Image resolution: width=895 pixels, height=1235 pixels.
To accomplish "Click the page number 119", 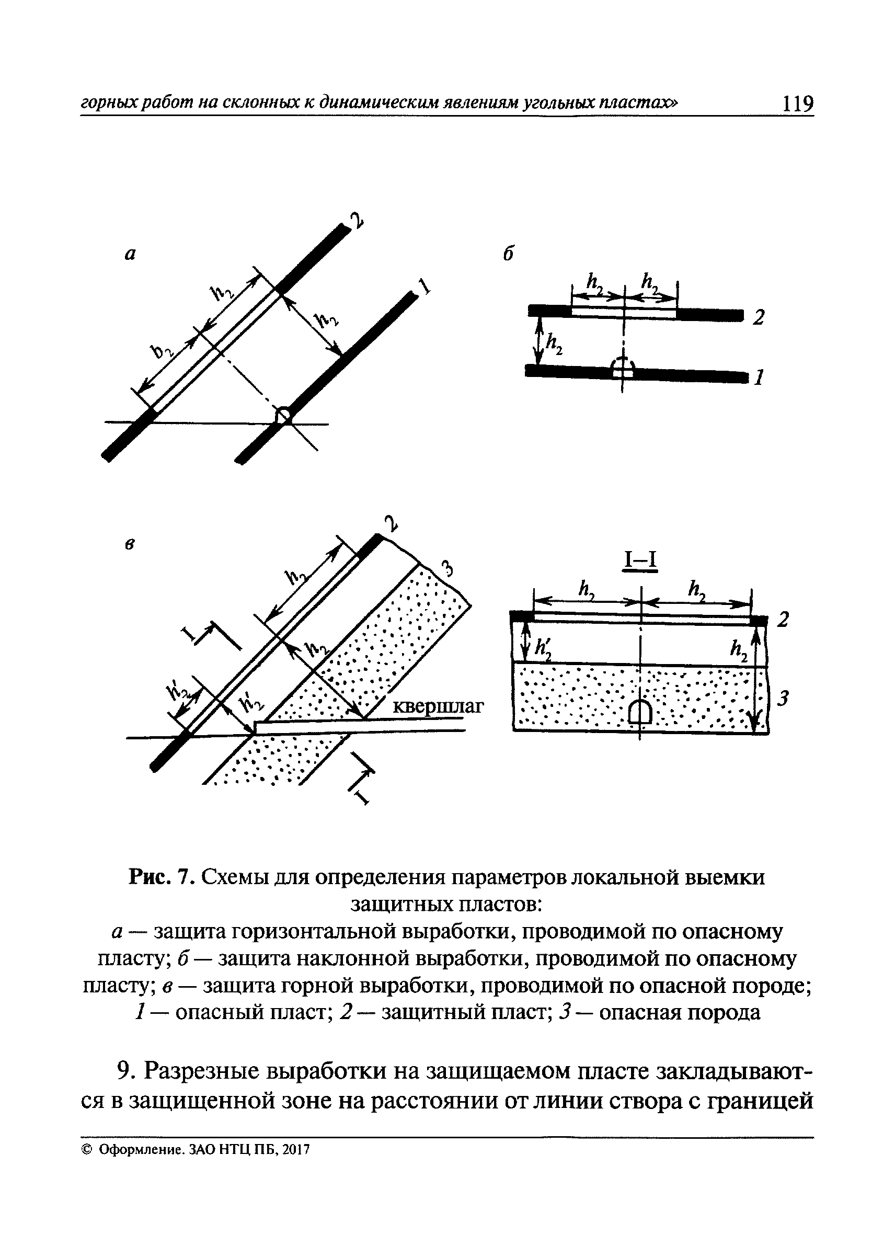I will [797, 103].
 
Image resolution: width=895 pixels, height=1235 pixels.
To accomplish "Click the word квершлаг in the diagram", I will [438, 707].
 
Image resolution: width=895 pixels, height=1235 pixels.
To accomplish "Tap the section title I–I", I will [641, 562].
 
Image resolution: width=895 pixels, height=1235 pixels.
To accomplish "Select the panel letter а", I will [130, 254].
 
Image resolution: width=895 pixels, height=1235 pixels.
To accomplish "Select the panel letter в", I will [130, 544].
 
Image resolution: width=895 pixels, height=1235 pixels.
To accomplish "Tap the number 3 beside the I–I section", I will [783, 699].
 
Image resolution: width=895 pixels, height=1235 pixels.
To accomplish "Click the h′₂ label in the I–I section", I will [543, 648].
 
